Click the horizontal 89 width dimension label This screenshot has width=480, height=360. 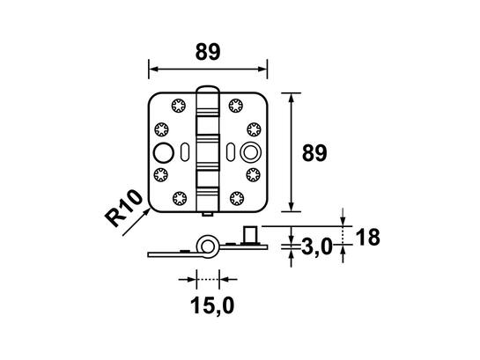pyautogui.click(x=208, y=52)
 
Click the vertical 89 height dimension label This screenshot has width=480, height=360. pyautogui.click(x=314, y=153)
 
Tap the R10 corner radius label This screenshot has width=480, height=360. pyautogui.click(x=123, y=208)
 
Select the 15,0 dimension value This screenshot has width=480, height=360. pyautogui.click(x=212, y=305)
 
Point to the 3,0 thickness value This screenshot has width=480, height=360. pyautogui.click(x=317, y=246)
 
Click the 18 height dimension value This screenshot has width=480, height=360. pyautogui.click(x=368, y=237)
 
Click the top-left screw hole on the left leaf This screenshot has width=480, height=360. pyautogui.click(x=179, y=106)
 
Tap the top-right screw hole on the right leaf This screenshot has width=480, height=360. pyautogui.click(x=236, y=106)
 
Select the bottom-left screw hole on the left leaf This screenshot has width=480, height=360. pyautogui.click(x=180, y=198)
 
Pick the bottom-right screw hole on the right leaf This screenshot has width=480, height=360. pyautogui.click(x=237, y=198)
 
